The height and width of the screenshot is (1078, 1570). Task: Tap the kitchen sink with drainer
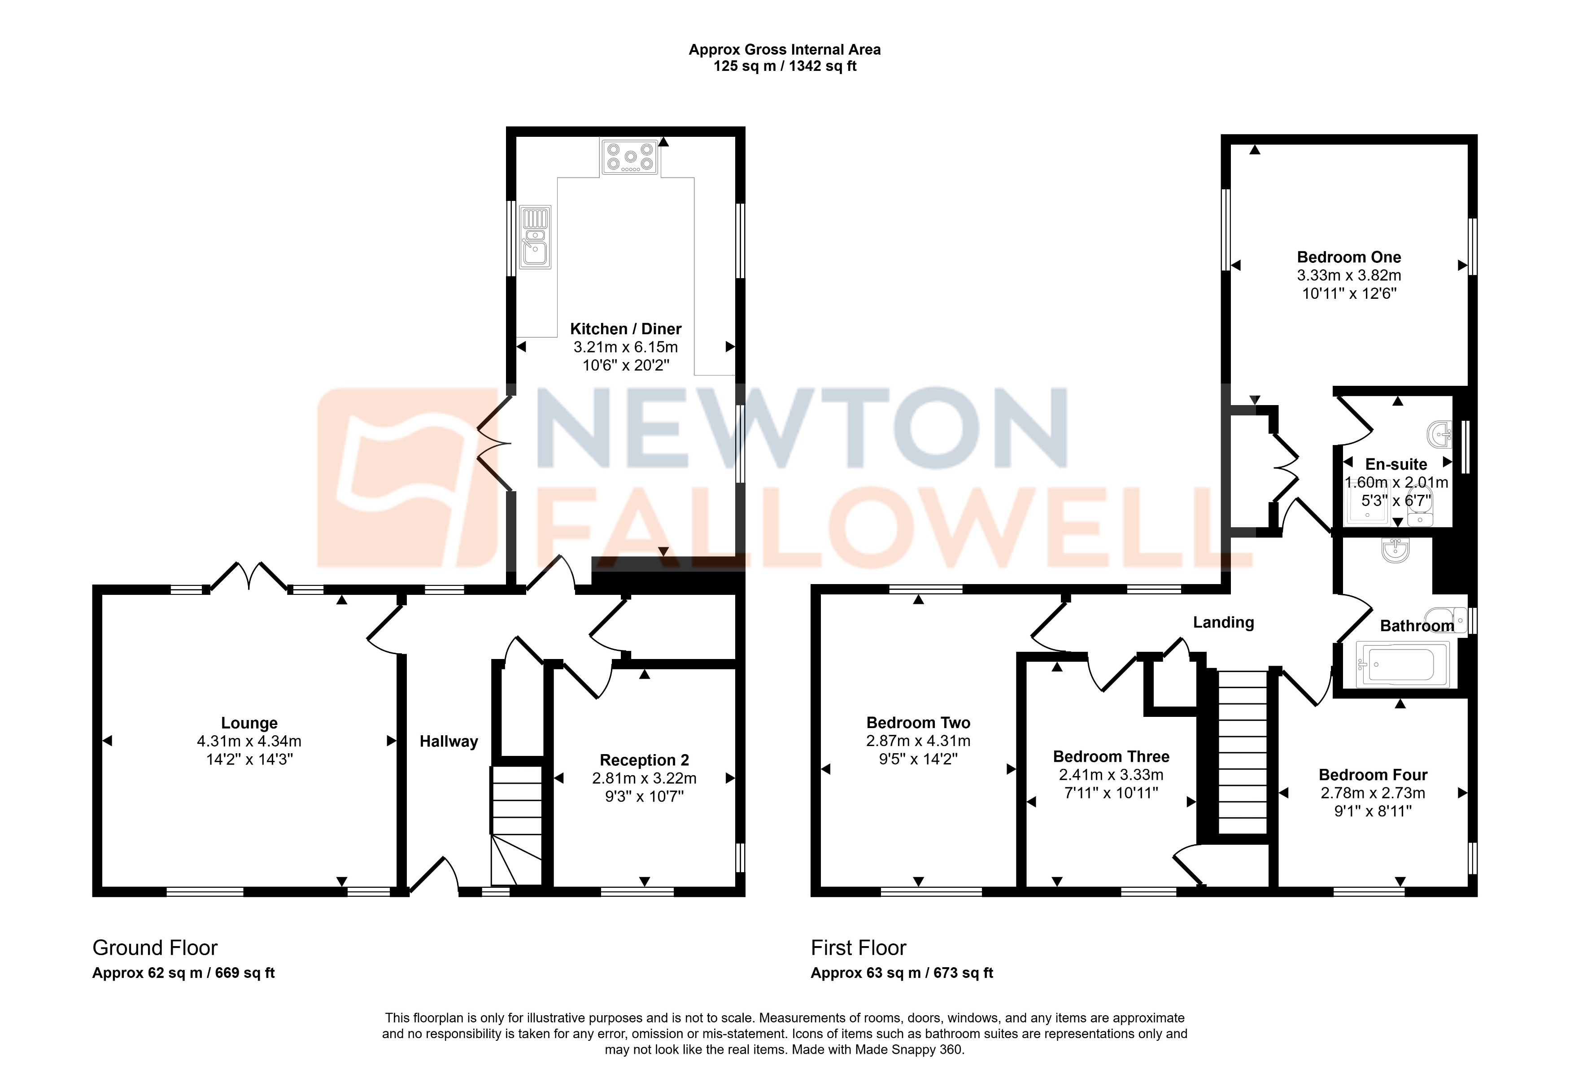pyautogui.click(x=535, y=236)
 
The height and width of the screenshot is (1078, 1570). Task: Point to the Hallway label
pyautogui.click(x=449, y=742)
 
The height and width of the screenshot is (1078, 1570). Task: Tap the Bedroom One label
pyautogui.click(x=1348, y=257)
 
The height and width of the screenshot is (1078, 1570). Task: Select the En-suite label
pyautogui.click(x=1396, y=465)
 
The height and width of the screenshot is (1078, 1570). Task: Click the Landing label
pyautogui.click(x=1223, y=623)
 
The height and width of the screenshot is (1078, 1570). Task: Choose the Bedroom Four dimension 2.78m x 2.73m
pyautogui.click(x=1373, y=793)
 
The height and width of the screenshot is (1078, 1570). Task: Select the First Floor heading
pyautogui.click(x=858, y=948)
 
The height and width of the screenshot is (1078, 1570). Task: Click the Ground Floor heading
pyautogui.click(x=155, y=948)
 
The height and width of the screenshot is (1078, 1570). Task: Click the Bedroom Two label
pyautogui.click(x=918, y=723)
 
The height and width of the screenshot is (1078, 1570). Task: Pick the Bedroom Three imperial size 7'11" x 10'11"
pyautogui.click(x=1111, y=793)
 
